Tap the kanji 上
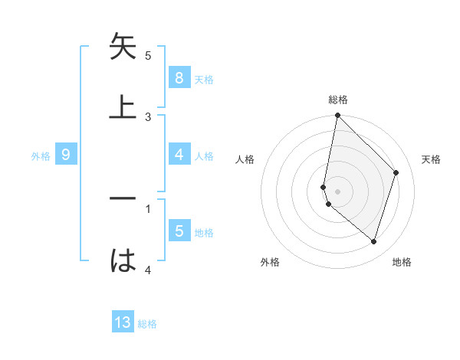point(123,106)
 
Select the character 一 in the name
point(123,198)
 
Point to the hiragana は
point(123,260)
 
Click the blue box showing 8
point(179,77)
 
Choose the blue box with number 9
point(66,155)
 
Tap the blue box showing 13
point(123,322)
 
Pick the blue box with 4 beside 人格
point(179,155)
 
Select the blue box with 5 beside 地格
point(179,231)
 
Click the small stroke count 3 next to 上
point(148,117)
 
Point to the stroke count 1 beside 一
point(148,208)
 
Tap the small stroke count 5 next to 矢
point(148,56)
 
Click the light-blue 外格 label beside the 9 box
point(41,156)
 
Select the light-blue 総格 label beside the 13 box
point(147,324)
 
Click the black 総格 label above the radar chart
point(338,100)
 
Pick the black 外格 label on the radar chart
point(270,262)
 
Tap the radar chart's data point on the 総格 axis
point(337,116)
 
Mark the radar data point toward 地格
point(373,242)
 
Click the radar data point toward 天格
point(396,172)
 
